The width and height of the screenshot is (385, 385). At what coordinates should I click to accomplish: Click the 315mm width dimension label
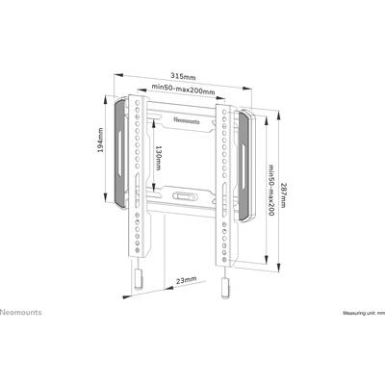[183, 76]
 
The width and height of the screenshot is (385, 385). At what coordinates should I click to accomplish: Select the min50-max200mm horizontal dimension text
[183, 89]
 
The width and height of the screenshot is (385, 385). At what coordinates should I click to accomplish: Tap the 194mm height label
[101, 140]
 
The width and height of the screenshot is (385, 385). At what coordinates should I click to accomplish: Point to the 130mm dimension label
[158, 158]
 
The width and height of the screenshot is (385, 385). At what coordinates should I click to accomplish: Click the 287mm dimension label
[284, 195]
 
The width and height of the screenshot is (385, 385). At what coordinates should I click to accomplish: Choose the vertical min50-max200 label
[271, 191]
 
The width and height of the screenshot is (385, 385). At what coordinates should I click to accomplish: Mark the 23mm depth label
[186, 280]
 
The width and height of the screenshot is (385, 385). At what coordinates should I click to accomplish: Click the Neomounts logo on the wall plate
[187, 121]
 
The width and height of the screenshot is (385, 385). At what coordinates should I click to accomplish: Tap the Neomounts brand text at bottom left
[21, 312]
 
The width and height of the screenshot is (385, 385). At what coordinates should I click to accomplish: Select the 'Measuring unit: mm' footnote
[364, 313]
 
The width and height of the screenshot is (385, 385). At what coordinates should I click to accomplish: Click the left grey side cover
[120, 152]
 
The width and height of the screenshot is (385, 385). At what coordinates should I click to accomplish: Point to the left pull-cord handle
[139, 279]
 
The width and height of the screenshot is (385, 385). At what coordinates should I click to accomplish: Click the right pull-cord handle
[225, 288]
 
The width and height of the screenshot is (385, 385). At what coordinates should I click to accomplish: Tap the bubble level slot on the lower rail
[184, 194]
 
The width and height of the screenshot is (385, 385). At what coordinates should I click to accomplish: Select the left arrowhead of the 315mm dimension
[118, 75]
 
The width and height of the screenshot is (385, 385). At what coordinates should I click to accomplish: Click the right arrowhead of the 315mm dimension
[247, 88]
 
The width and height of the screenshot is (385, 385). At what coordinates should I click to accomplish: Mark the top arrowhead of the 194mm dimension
[106, 99]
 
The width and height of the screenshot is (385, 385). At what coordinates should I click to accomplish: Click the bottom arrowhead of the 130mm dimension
[154, 189]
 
